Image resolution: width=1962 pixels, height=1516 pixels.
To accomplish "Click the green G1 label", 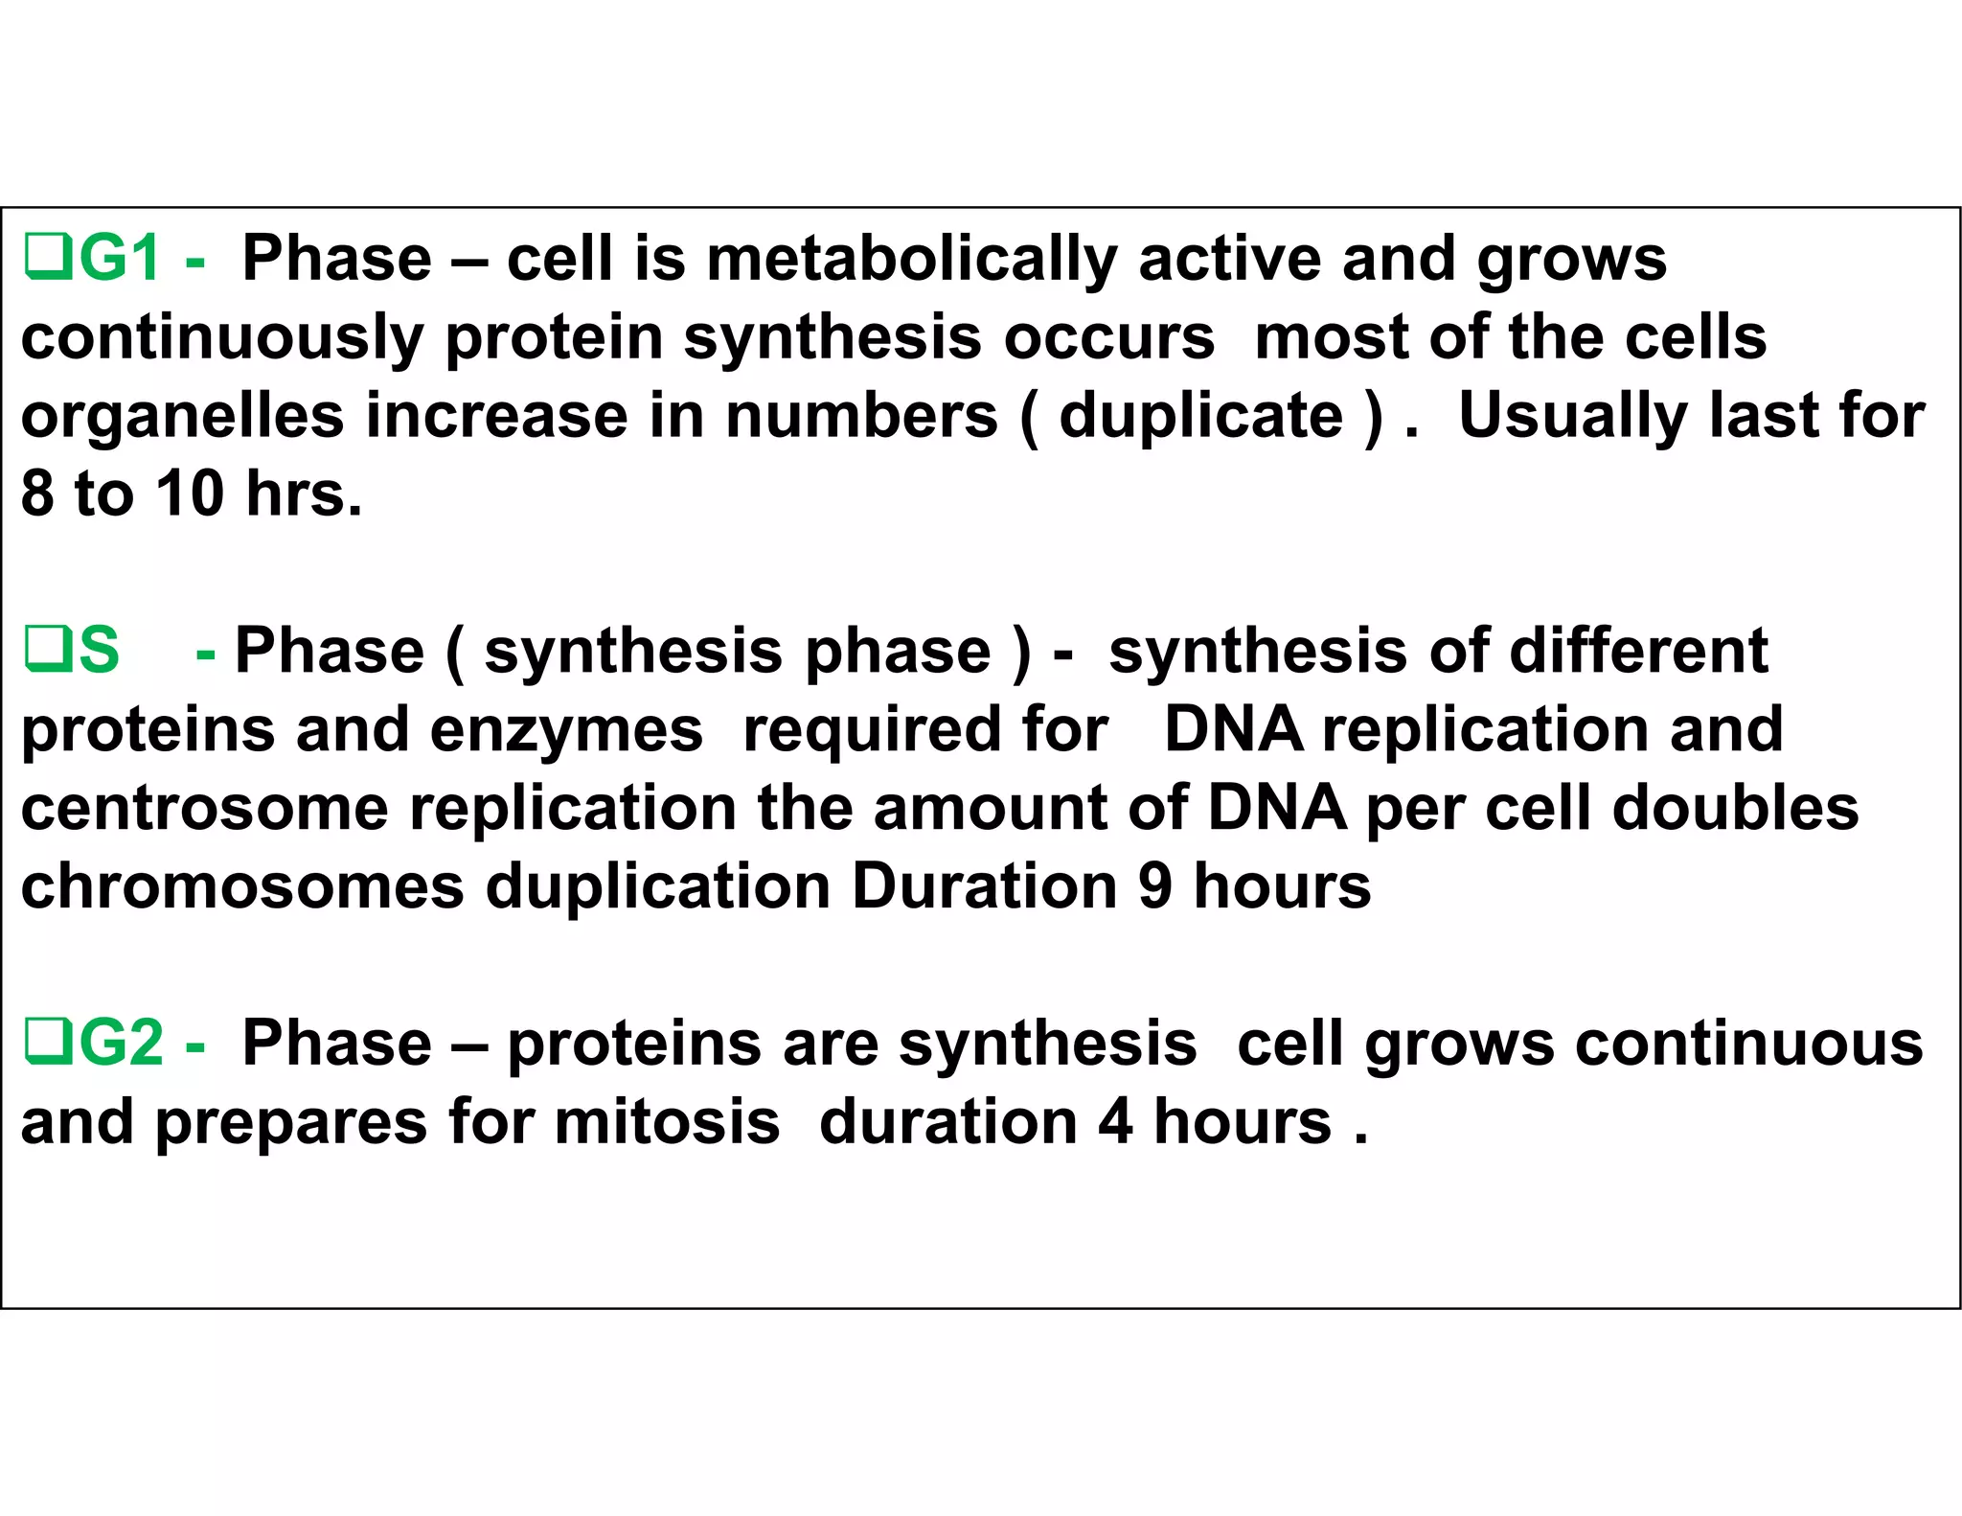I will [x=119, y=259].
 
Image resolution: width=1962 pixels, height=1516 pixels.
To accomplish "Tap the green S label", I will [x=99, y=651].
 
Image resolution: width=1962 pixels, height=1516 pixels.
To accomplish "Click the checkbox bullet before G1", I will [x=47, y=259].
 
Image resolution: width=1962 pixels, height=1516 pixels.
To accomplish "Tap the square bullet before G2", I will [x=47, y=1044].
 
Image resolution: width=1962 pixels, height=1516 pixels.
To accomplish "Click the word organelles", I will [x=182, y=417].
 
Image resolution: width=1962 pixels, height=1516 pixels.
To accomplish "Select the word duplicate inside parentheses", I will [x=1200, y=417].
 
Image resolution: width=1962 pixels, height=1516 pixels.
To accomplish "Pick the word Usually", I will [x=1572, y=417].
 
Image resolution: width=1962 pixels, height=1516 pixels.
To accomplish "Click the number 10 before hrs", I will [x=190, y=494].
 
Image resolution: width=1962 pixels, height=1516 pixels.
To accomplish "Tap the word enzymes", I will [x=566, y=730].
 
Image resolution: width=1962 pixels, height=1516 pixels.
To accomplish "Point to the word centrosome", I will [x=205, y=809].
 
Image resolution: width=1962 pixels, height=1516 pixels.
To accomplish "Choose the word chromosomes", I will [x=242, y=887].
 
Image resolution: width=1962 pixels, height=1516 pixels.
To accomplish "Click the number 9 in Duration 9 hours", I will [x=1154, y=887].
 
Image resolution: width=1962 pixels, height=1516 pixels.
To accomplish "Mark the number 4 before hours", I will [x=1115, y=1122].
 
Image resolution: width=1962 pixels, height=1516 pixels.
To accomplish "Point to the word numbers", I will [x=861, y=417].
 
